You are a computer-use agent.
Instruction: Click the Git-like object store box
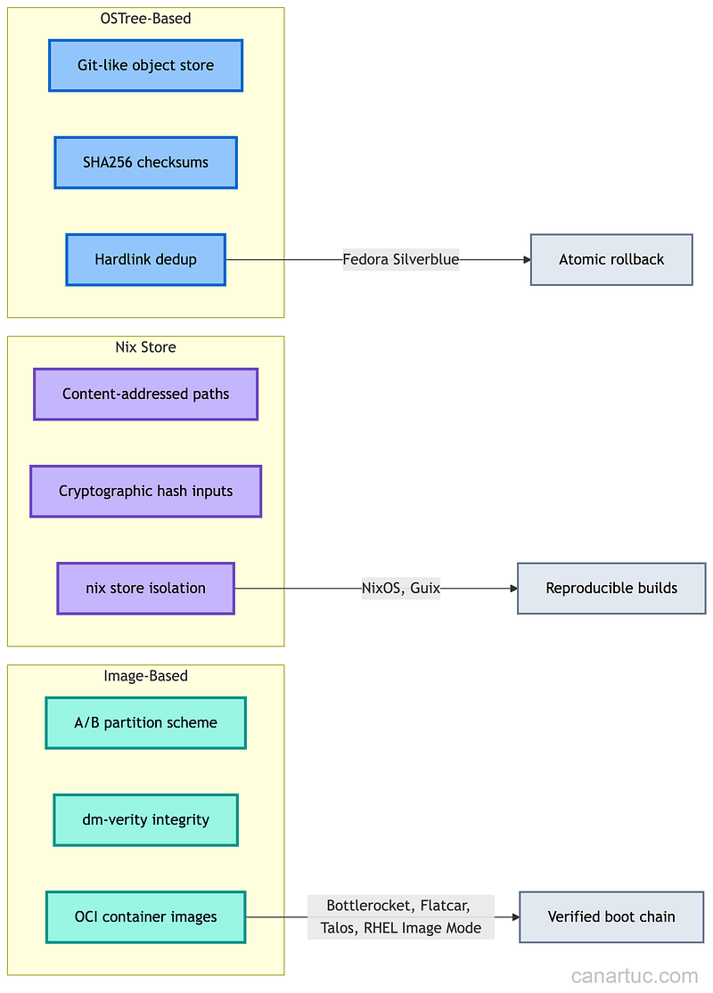click(x=145, y=65)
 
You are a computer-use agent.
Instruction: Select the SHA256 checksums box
click(x=145, y=162)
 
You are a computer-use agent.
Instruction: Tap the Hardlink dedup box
click(x=145, y=260)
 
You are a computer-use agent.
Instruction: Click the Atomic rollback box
click(x=611, y=260)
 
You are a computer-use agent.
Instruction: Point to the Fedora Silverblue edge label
click(x=401, y=260)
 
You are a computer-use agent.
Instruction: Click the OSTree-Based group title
click(x=145, y=18)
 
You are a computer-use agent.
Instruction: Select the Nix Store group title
click(x=145, y=347)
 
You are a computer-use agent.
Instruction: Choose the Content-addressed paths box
click(x=145, y=394)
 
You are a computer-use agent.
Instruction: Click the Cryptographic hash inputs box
click(x=145, y=491)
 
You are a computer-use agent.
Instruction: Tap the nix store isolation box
click(x=145, y=588)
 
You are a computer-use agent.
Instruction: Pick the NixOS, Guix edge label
click(x=401, y=588)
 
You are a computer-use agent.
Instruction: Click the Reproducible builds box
click(x=611, y=588)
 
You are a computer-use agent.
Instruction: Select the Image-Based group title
click(x=145, y=676)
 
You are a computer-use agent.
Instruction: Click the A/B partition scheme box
click(x=145, y=722)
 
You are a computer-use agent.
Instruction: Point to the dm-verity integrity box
click(x=145, y=819)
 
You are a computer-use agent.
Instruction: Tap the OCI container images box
click(x=145, y=916)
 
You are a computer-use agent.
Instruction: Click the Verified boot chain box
click(x=611, y=916)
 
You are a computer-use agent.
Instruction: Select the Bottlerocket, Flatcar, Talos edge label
click(x=401, y=916)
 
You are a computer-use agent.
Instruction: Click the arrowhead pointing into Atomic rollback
click(x=526, y=260)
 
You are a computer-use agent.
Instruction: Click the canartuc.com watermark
click(x=635, y=975)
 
